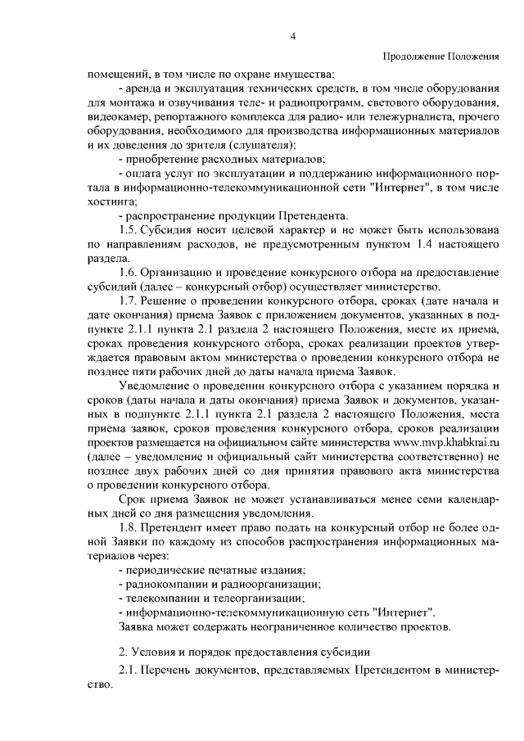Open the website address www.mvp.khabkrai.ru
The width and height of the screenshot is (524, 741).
click(x=440, y=442)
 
